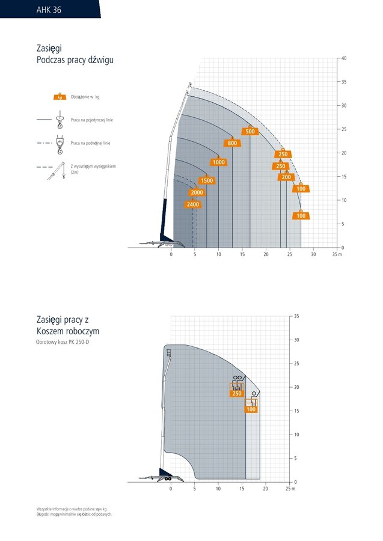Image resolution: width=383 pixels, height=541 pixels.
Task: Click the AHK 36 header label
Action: click(49, 10)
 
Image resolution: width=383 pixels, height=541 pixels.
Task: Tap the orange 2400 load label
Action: click(192, 205)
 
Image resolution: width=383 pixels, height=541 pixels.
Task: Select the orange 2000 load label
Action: click(197, 193)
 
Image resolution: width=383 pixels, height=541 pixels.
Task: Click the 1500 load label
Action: click(206, 181)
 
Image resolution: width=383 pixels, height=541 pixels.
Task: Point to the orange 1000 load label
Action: click(218, 162)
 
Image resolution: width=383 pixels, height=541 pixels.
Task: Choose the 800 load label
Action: click(232, 143)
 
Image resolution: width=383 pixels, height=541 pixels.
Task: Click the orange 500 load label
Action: click(250, 132)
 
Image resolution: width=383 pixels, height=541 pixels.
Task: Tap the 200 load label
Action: click(286, 177)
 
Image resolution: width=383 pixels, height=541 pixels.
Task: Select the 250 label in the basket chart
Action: click(237, 394)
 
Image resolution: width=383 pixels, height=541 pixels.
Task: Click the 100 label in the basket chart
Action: click(251, 409)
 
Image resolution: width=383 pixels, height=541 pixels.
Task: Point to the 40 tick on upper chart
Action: click(343, 58)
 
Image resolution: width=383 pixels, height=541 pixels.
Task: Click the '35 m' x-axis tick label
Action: click(337, 255)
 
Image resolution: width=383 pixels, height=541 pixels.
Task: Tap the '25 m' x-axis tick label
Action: click(290, 489)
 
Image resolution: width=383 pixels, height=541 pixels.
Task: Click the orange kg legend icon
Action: click(60, 97)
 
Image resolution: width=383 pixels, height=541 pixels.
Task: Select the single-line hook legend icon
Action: click(59, 121)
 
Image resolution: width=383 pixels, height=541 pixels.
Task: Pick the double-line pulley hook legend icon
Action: click(59, 144)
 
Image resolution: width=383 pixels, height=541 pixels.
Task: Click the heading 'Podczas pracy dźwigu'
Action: click(75, 60)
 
